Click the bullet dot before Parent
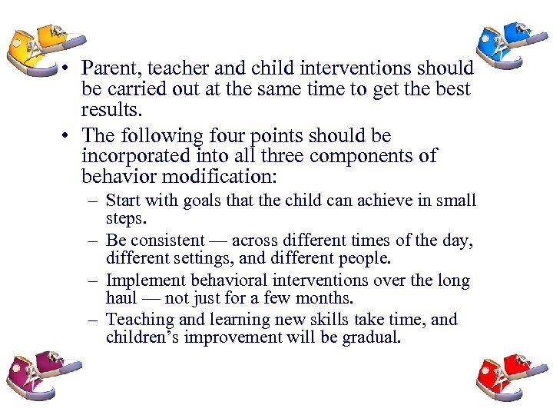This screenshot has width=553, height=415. [x=68, y=69]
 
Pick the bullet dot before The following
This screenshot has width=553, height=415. [x=68, y=137]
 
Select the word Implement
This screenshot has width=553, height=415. [x=144, y=281]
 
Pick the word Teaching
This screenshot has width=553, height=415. [x=137, y=319]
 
